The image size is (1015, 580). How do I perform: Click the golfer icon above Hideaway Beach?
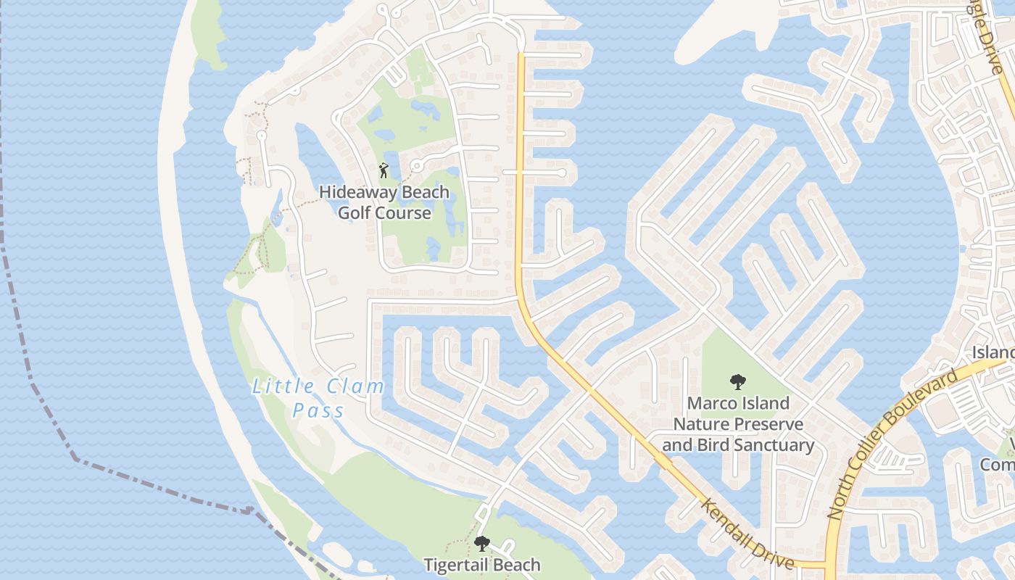[384, 171]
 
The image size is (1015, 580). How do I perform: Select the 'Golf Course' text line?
[384, 213]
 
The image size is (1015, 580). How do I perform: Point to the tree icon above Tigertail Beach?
[481, 544]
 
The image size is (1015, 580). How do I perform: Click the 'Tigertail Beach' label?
[482, 565]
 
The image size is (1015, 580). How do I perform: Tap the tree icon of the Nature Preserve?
[738, 381]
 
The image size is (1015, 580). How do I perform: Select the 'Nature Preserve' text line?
[738, 424]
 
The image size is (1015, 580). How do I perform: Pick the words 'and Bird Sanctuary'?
[738, 445]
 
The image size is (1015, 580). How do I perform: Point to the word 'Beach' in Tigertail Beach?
[515, 565]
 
